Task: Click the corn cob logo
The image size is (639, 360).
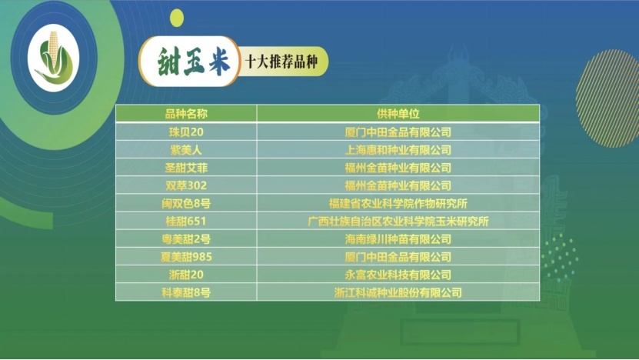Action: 54,58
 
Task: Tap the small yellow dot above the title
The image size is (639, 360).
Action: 177,18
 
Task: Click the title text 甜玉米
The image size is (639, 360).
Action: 194,62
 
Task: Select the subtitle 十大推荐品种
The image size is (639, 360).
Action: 281,62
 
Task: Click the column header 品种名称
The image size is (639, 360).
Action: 186,114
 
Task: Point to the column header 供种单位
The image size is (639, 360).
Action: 398,114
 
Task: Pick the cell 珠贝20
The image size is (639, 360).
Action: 186,132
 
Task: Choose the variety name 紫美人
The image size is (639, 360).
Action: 186,150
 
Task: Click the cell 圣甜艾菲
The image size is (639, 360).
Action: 186,168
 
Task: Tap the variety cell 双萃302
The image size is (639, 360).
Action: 186,185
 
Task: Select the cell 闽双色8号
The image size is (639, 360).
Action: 186,203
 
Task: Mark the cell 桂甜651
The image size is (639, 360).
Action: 186,222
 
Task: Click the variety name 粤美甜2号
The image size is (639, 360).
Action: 186,239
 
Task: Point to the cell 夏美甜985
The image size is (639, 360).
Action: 186,257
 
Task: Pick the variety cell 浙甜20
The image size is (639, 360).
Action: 186,275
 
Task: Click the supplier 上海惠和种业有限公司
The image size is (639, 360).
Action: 398,150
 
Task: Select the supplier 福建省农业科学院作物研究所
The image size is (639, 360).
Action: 398,203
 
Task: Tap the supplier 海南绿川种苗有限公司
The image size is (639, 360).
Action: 398,239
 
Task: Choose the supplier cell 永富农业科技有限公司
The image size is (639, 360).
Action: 398,275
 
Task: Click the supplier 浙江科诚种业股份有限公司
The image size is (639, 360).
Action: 398,293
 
